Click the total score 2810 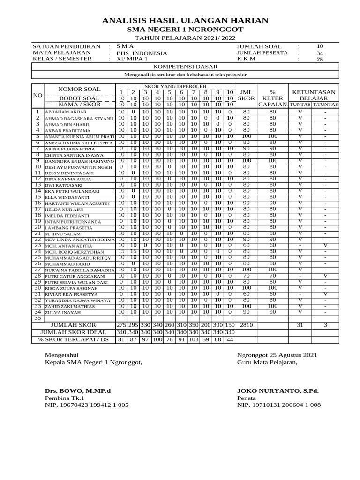tap(246, 324)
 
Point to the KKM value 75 tap(320, 60)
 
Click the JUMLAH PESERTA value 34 tap(320, 53)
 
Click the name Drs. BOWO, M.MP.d tap(78, 390)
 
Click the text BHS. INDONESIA tap(142, 53)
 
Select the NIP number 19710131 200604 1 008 tap(279, 405)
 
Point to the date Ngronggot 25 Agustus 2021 tap(276, 355)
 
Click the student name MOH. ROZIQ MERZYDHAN tap(75, 252)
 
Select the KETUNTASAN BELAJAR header tap(314, 96)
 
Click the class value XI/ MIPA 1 tap(132, 60)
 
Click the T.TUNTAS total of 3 tap(326, 324)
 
